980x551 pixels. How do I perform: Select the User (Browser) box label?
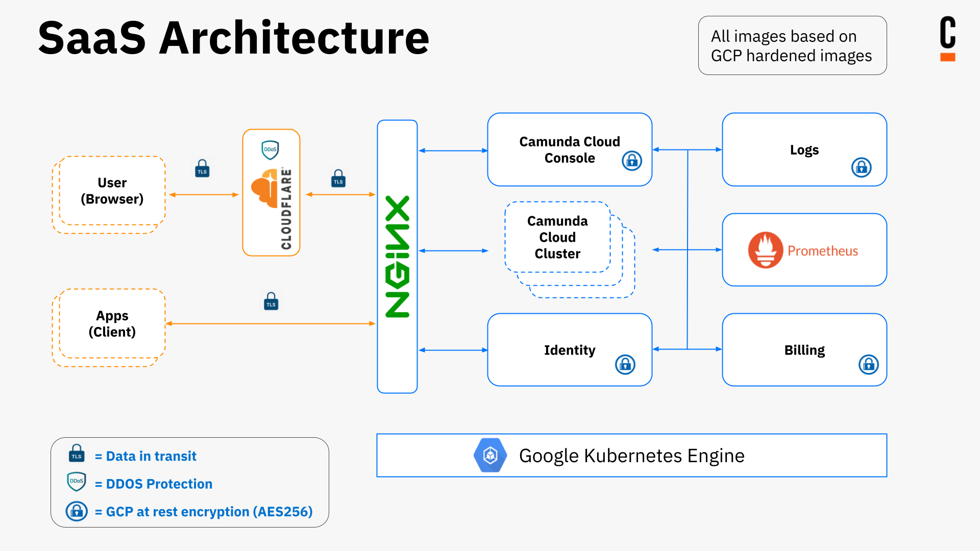click(112, 191)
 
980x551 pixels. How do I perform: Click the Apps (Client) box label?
click(112, 323)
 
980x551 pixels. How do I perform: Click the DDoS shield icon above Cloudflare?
click(270, 150)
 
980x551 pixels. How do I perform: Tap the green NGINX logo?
click(397, 257)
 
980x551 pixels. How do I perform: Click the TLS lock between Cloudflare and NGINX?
click(338, 179)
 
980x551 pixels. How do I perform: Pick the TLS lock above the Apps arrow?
click(271, 302)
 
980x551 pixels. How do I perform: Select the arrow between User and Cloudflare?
click(204, 195)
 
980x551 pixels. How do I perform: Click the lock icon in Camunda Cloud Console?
click(632, 161)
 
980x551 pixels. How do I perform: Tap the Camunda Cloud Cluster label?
click(557, 237)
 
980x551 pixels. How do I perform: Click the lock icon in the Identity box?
click(625, 365)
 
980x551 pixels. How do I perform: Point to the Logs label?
click(804, 150)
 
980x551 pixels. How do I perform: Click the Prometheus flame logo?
click(765, 250)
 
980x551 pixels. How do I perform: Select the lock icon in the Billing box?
click(868, 365)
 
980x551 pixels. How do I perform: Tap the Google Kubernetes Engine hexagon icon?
click(490, 455)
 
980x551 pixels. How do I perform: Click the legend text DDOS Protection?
click(159, 484)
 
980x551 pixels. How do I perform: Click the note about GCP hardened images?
click(792, 46)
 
